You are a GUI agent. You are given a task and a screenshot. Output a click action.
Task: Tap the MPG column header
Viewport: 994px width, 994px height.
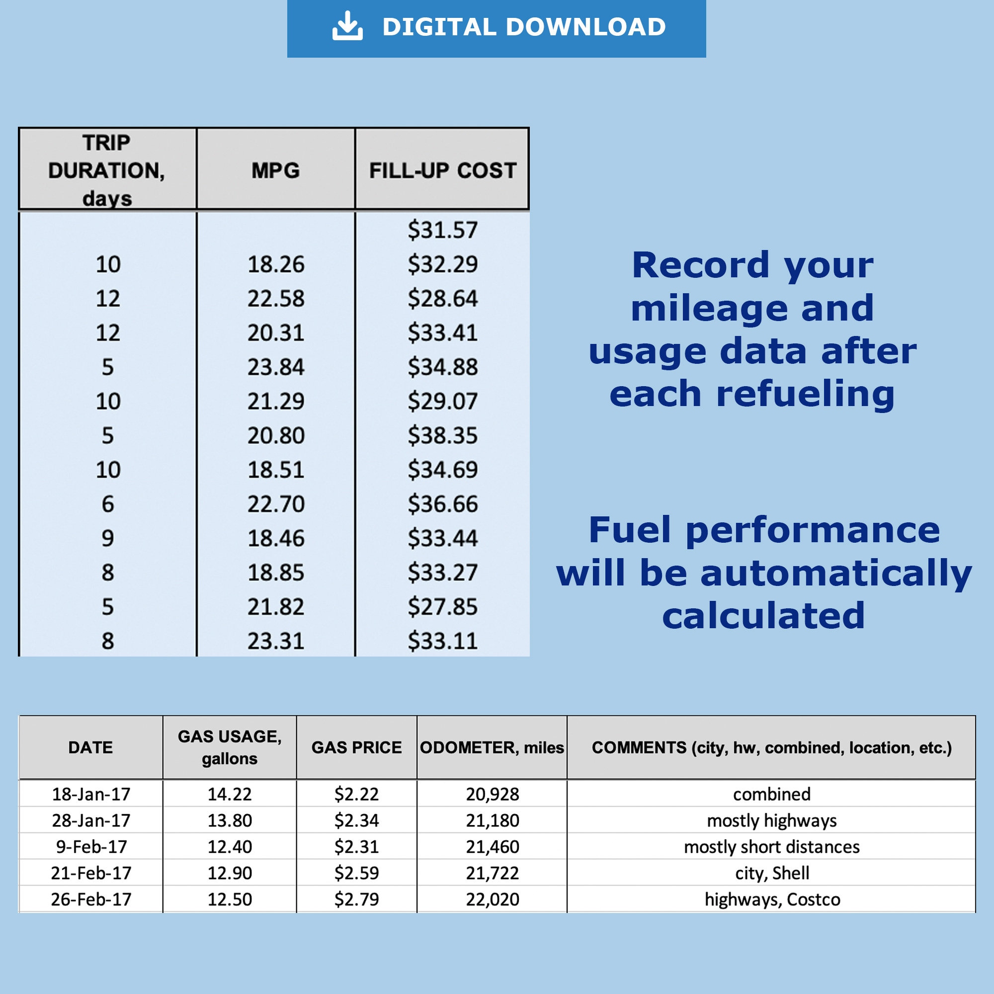pos(276,170)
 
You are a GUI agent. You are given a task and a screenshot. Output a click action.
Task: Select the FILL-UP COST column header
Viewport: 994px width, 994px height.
pos(442,170)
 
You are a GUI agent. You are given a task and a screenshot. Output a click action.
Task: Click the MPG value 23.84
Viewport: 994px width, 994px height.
pos(276,367)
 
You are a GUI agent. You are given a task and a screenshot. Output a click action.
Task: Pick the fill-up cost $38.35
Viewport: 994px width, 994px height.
pos(442,436)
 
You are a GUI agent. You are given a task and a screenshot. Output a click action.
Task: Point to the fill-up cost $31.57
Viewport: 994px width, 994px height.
pos(442,230)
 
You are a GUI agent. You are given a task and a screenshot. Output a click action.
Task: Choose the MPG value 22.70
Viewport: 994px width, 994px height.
pos(276,504)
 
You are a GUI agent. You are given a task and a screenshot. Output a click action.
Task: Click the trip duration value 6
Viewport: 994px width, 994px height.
pos(107,504)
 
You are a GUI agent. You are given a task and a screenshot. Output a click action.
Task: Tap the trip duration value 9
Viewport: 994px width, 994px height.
pos(107,538)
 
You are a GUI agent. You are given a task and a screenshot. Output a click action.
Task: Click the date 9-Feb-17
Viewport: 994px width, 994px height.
pos(91,847)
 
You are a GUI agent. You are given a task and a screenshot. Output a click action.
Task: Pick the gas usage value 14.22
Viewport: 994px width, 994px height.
pos(230,794)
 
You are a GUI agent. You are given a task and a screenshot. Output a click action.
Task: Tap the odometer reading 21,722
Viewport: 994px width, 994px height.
pos(493,873)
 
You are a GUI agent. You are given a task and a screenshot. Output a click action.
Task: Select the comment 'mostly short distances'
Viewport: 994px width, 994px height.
pos(772,847)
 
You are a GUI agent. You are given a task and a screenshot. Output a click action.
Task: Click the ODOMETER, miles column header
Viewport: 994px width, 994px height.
pos(492,747)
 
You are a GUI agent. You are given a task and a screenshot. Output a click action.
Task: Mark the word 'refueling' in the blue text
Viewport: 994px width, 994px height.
pos(805,395)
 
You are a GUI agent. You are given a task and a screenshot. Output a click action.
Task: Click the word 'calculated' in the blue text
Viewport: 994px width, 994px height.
pos(763,615)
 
